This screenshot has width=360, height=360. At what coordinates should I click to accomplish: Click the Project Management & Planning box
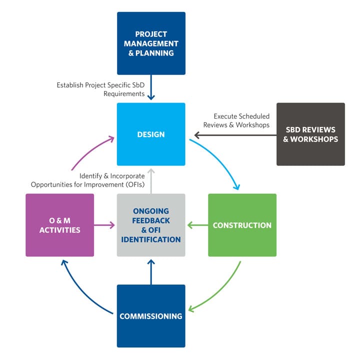pyautogui.click(x=151, y=43)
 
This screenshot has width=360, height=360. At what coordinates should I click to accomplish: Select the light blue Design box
pyautogui.click(x=151, y=134)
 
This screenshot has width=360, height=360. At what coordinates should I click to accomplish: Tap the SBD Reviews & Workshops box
pyautogui.click(x=310, y=134)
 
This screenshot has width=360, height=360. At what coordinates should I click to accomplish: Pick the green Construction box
pyautogui.click(x=242, y=225)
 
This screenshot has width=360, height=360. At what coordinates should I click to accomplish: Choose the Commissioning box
pyautogui.click(x=151, y=316)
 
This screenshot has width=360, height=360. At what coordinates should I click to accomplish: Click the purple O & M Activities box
pyautogui.click(x=59, y=225)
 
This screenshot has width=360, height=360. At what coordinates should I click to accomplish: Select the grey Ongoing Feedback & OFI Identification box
pyautogui.click(x=151, y=225)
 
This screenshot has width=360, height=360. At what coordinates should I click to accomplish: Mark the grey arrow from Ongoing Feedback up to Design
pyautogui.click(x=151, y=180)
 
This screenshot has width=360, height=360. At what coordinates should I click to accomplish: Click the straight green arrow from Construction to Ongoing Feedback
pyautogui.click(x=197, y=225)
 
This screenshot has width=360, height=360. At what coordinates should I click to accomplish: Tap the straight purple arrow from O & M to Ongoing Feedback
pyautogui.click(x=105, y=225)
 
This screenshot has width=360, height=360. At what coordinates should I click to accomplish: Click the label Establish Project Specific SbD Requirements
pyautogui.click(x=100, y=89)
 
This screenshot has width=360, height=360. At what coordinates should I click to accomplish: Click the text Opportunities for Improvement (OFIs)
pyautogui.click(x=87, y=184)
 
